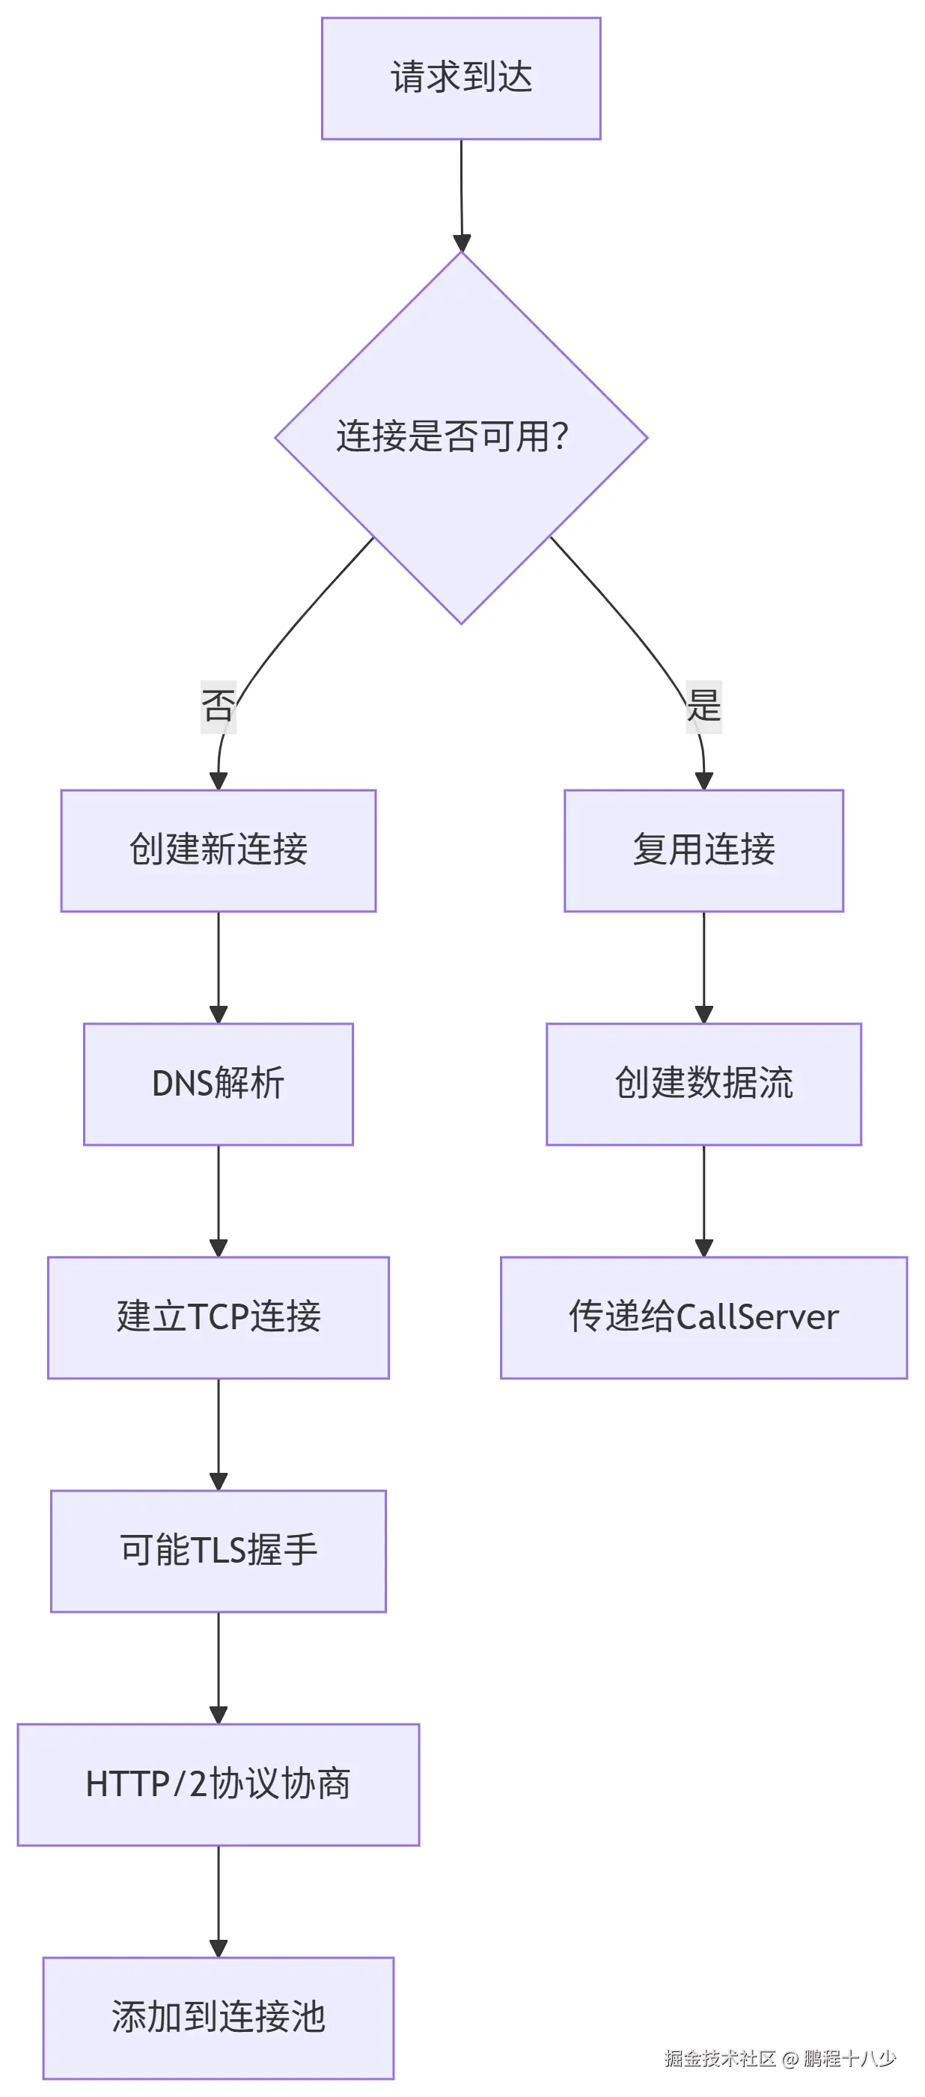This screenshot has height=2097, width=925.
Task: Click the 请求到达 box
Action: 461,78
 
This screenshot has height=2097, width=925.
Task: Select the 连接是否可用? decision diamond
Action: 461,437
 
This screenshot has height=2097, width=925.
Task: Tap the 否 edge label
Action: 219,706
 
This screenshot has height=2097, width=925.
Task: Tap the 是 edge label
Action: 703,706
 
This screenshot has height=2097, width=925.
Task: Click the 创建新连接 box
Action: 219,850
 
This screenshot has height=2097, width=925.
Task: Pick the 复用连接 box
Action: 703,850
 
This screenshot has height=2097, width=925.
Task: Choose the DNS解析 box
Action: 219,1084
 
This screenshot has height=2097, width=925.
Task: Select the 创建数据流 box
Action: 703,1084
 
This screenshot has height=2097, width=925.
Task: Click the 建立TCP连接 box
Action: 219,1317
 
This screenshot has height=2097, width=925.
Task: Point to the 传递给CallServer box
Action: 703,1317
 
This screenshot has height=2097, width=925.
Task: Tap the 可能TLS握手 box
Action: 219,1551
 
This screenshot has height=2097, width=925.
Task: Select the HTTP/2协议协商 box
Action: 219,1784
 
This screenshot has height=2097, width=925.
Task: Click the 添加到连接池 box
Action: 219,2017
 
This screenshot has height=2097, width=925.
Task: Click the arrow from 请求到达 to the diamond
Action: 462,195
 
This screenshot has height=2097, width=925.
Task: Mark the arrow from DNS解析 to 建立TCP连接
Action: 219,1200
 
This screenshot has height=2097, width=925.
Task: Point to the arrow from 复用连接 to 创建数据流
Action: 703,966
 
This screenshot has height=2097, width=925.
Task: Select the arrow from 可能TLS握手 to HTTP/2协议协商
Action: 219,1667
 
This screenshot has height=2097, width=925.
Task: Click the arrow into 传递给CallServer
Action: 703,1200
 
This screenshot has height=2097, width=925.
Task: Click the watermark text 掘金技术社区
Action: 720,2059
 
